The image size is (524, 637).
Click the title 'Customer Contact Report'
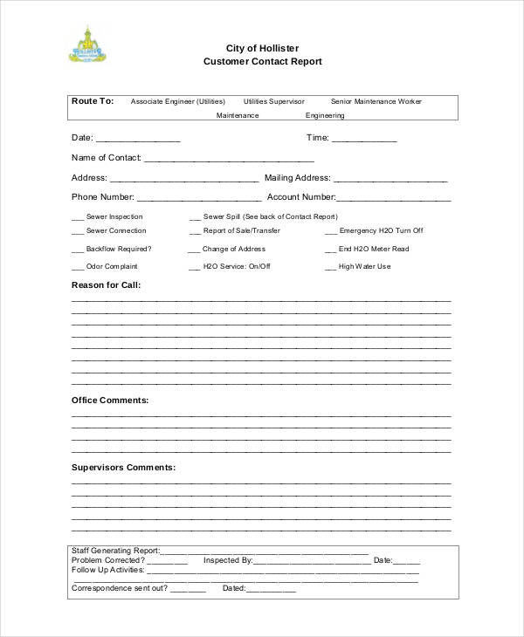(263, 62)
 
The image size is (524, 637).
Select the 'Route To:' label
(93, 101)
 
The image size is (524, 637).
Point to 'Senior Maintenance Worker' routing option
(376, 102)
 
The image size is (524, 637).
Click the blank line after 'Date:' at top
(138, 140)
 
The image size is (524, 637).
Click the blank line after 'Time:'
(364, 140)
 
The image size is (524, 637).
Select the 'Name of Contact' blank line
(229, 160)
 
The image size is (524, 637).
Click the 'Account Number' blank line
(391, 199)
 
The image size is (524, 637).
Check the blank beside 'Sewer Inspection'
(77, 218)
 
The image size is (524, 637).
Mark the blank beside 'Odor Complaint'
(77, 268)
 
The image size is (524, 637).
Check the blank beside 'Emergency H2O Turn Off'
(330, 232)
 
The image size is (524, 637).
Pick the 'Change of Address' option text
(233, 250)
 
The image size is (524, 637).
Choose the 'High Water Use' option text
(364, 267)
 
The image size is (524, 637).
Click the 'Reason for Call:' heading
(105, 285)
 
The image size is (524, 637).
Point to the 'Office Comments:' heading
(109, 401)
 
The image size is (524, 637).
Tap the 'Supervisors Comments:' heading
(123, 468)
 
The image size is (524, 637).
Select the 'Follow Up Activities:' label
(107, 570)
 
